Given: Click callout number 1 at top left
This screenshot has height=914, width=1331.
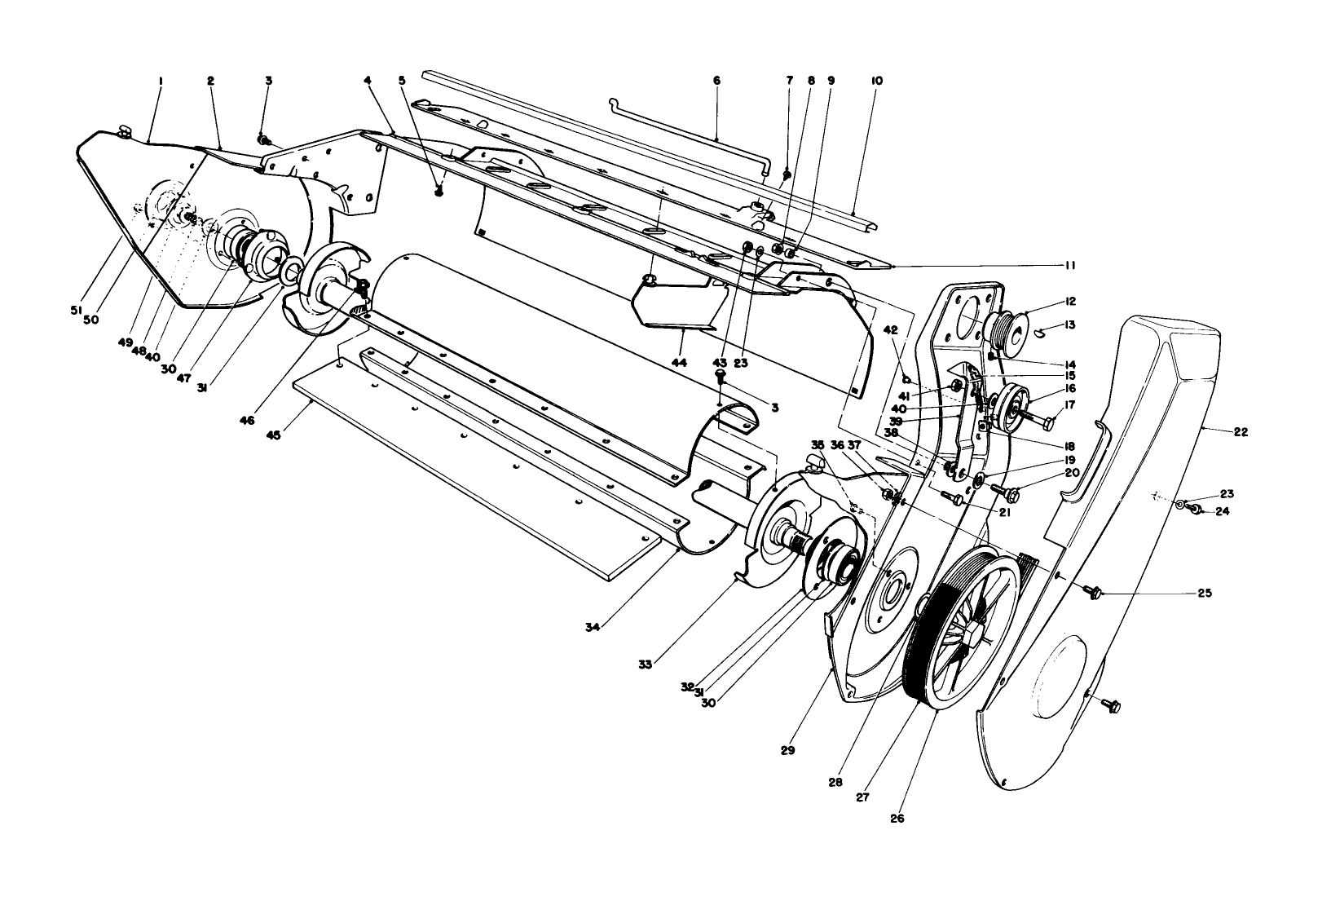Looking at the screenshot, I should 161,81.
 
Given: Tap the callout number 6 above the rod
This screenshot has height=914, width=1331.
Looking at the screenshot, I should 716,81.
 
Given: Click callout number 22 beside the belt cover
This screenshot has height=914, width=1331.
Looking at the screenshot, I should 1240,433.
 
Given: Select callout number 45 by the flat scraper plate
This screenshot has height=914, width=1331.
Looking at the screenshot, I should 274,436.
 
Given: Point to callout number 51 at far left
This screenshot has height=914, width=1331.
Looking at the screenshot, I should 76,310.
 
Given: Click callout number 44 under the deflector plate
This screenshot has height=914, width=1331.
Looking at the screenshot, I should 678,360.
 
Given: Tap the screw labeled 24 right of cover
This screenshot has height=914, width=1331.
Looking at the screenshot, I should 1197,510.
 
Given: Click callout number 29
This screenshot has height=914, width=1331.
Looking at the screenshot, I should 787,749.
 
